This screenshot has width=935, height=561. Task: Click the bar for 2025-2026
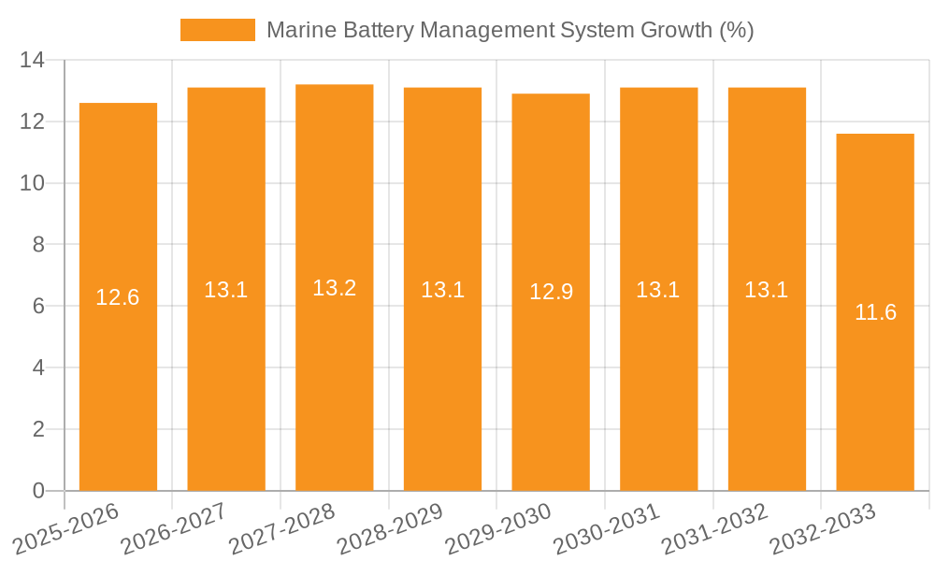click(x=118, y=374)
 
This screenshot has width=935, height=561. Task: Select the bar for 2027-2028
click(x=334, y=374)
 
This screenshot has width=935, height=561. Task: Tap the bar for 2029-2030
click(x=551, y=374)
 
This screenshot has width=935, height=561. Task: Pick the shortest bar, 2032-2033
click(x=875, y=393)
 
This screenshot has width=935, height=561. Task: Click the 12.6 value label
click(x=118, y=297)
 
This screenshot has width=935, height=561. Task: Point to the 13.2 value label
click(x=334, y=288)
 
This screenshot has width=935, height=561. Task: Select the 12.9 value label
click(x=551, y=292)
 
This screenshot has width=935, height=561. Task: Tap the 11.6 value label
click(x=875, y=312)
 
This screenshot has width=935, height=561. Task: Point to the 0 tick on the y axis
click(x=38, y=491)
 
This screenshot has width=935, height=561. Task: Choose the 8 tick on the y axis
click(x=38, y=245)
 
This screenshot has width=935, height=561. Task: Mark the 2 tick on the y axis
click(x=38, y=429)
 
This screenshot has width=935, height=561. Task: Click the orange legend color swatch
click(x=217, y=30)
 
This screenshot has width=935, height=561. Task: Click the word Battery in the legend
click(x=371, y=30)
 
